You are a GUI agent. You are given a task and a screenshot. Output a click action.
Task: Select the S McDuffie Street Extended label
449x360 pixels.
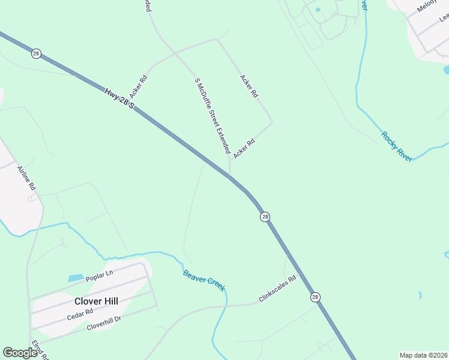(x=212, y=115)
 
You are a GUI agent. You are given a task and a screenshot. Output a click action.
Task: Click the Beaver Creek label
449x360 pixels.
(x=204, y=280)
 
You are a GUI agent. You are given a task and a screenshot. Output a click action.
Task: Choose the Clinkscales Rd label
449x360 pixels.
(x=277, y=289)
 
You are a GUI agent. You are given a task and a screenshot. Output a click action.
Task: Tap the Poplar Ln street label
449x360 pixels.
(x=99, y=275)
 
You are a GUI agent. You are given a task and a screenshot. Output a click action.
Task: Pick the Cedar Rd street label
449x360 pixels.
(x=80, y=314)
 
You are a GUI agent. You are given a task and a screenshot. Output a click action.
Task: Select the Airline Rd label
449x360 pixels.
(x=27, y=178)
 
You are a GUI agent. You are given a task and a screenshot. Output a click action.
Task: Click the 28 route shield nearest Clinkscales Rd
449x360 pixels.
(x=315, y=297)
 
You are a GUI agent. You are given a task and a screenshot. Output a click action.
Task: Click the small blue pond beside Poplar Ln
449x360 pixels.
(x=76, y=278)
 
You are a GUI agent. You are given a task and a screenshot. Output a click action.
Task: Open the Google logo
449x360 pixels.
(x=20, y=353)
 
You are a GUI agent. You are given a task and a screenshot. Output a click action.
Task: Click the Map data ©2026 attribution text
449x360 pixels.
(x=423, y=355)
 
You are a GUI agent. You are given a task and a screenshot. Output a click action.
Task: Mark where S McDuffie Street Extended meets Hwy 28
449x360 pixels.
(x=229, y=176)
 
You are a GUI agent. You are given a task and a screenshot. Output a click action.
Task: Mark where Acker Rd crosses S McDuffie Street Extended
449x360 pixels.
(x=175, y=53)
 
